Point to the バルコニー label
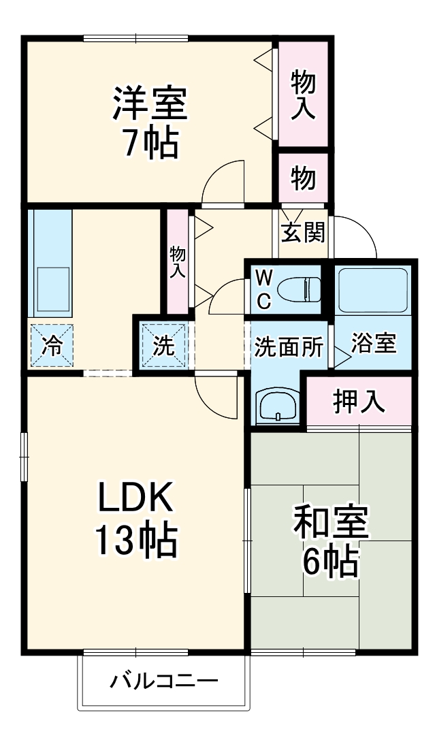click(x=164, y=681)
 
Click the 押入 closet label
click(x=359, y=402)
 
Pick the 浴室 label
click(x=373, y=344)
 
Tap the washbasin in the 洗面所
click(x=277, y=407)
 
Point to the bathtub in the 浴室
click(x=372, y=289)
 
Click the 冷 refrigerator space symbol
click(x=50, y=346)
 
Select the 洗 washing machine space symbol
click(x=163, y=346)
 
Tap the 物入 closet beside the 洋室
click(x=304, y=94)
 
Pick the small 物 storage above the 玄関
click(x=304, y=178)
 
